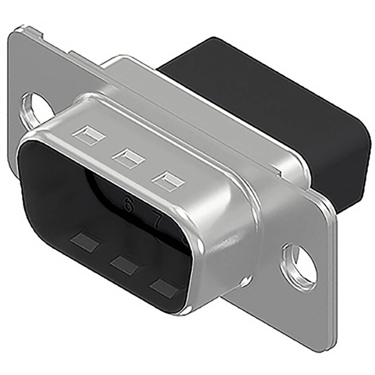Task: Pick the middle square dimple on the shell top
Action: (129, 158)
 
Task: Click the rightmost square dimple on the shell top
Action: (168, 181)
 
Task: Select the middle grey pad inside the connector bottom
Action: (123, 264)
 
